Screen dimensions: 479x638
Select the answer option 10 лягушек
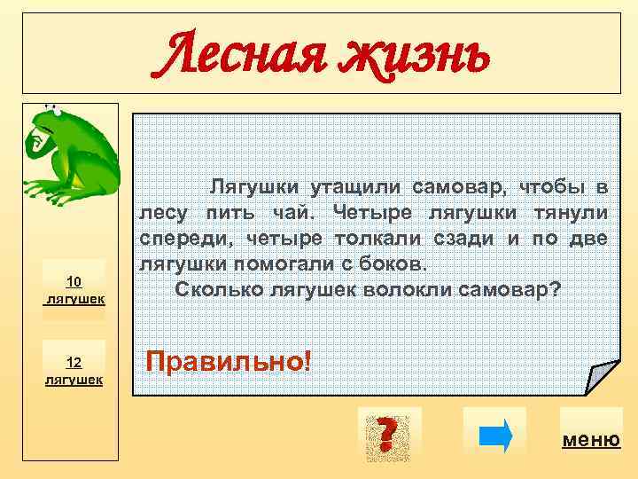pyautogui.click(x=74, y=290)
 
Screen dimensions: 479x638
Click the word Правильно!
pyautogui.click(x=229, y=361)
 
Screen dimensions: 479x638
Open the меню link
pyautogui.click(x=591, y=440)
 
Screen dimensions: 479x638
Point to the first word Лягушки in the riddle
pyautogui.click(x=253, y=188)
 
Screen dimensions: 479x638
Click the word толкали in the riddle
pyautogui.click(x=372, y=239)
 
